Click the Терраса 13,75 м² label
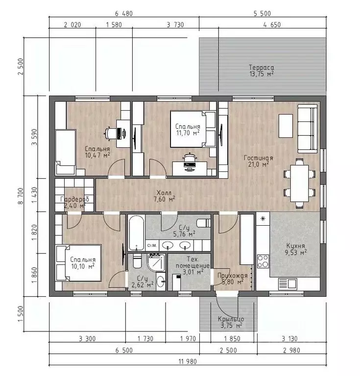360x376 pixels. (x=262, y=70)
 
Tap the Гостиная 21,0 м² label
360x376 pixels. (x=258, y=161)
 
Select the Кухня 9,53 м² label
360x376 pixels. (x=296, y=249)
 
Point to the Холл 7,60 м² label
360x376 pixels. (x=165, y=196)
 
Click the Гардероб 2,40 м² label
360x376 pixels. (x=74, y=202)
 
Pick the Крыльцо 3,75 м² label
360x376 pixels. (x=231, y=322)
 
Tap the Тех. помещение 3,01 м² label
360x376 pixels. (x=192, y=265)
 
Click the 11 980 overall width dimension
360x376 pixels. (x=188, y=361)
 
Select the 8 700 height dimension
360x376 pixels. (x=21, y=196)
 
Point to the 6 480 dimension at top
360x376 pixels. (x=124, y=13)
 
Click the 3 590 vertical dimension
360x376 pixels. (x=35, y=137)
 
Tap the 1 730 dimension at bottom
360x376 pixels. (x=145, y=339)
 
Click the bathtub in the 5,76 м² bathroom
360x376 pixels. (x=136, y=233)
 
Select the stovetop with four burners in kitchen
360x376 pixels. (x=263, y=261)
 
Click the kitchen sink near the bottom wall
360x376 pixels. (x=288, y=284)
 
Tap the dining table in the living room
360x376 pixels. (x=299, y=183)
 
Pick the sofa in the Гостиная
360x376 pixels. (x=308, y=129)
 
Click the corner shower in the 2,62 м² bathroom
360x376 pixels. (x=156, y=262)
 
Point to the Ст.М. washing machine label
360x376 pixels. (x=151, y=246)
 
